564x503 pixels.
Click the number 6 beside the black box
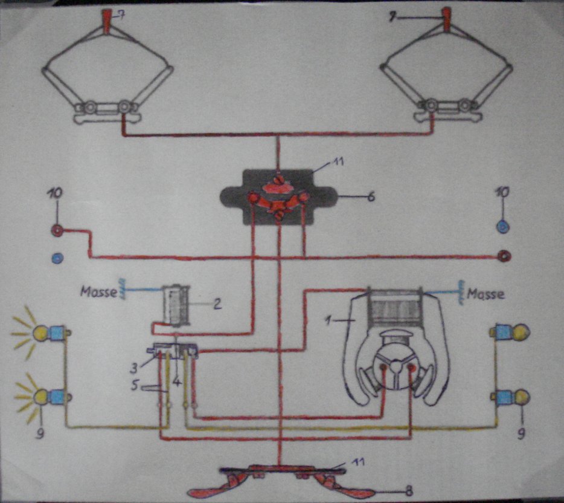tap(371, 196)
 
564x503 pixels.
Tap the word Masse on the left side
tap(99, 291)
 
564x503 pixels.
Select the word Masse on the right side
tap(485, 294)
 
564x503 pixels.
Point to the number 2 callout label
tap(217, 304)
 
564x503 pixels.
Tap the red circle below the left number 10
tap(57, 230)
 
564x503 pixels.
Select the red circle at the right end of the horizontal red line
tap(504, 256)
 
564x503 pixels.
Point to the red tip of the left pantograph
tap(107, 22)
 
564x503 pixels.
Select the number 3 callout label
tap(134, 368)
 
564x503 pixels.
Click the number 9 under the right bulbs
tap(521, 435)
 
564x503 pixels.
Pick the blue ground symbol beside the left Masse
tap(123, 288)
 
